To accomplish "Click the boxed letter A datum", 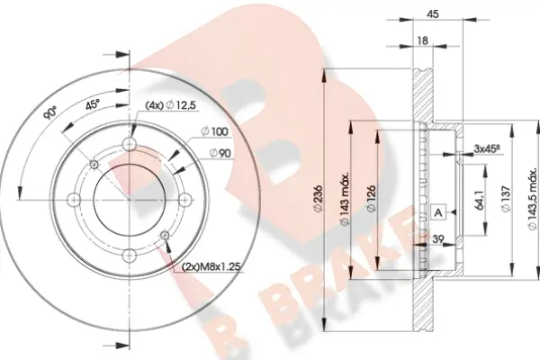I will pos(438,211).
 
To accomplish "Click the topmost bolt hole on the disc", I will pos(130,146).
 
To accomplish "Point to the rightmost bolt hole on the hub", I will pos(182,199).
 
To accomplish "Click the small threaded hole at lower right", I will pos(165,236).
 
